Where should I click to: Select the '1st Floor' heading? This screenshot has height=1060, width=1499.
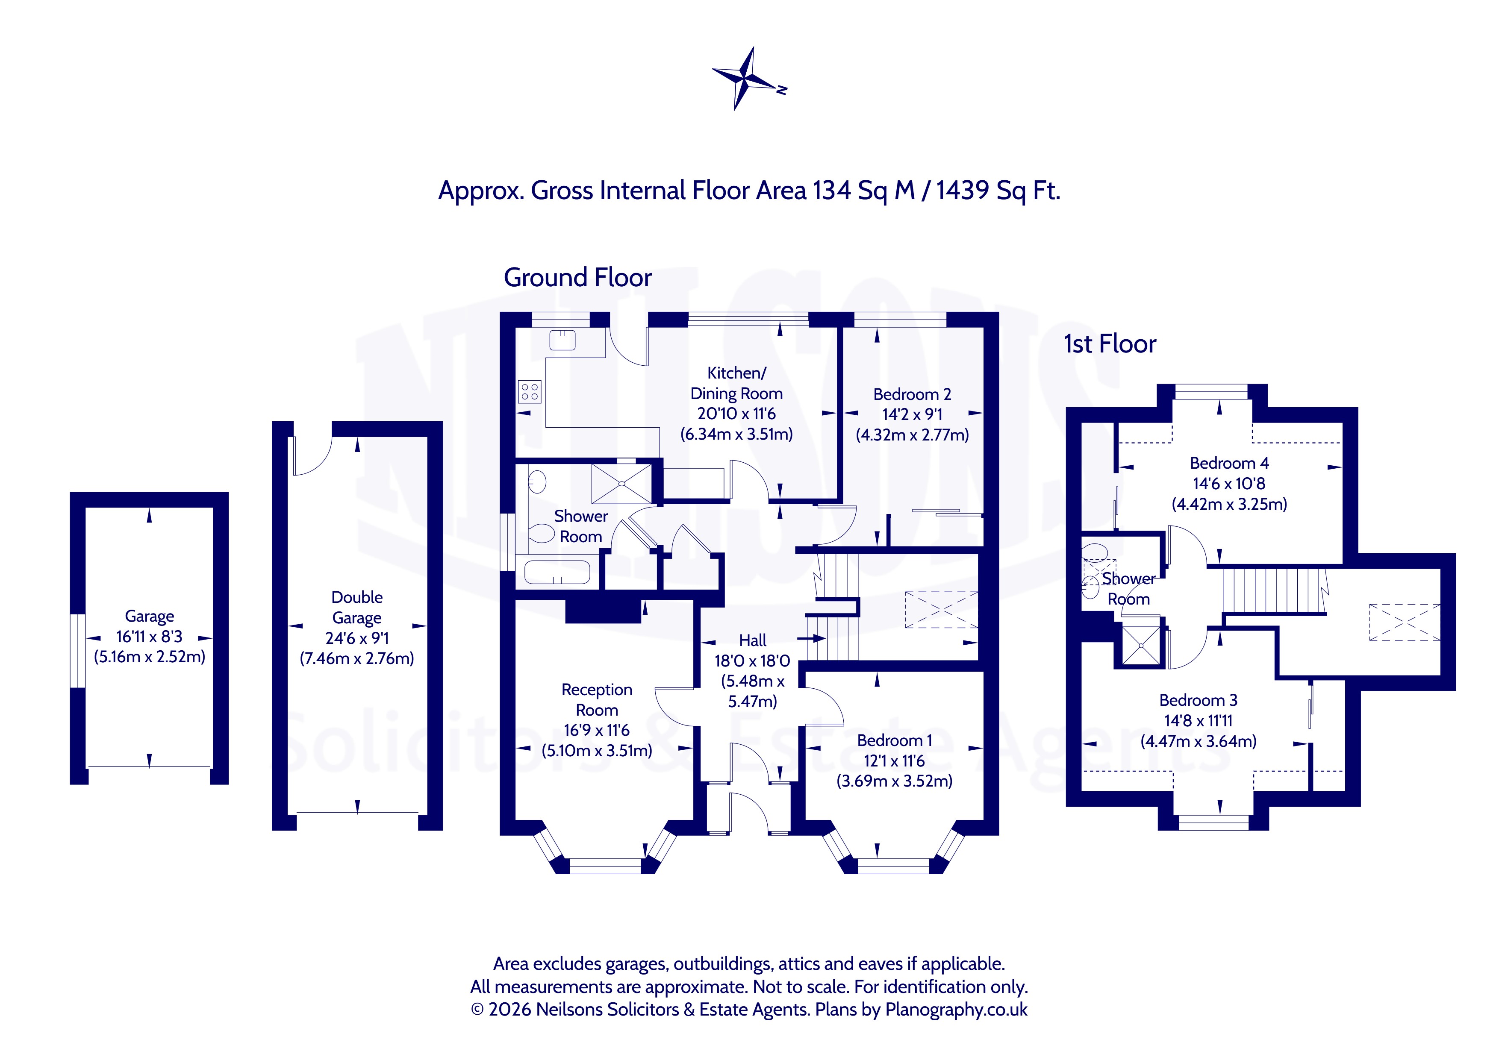[1110, 344]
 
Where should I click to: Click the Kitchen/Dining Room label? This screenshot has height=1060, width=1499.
[736, 383]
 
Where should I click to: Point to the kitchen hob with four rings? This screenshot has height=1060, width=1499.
[530, 392]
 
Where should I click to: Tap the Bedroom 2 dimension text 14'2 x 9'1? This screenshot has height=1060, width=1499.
[912, 414]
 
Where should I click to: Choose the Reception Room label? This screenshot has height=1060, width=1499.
[597, 700]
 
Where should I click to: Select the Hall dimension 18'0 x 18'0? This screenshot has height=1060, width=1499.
[752, 661]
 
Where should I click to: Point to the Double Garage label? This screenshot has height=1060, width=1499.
[357, 608]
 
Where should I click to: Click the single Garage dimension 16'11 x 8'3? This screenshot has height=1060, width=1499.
[150, 637]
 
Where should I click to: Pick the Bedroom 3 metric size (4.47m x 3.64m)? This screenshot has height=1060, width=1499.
[1199, 741]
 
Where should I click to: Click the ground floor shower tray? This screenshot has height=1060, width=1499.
[621, 484]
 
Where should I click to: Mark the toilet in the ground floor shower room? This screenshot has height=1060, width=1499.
[541, 533]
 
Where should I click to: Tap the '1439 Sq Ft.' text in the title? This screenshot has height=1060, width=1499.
[998, 191]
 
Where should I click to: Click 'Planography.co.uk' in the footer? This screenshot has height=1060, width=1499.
[957, 1010]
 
